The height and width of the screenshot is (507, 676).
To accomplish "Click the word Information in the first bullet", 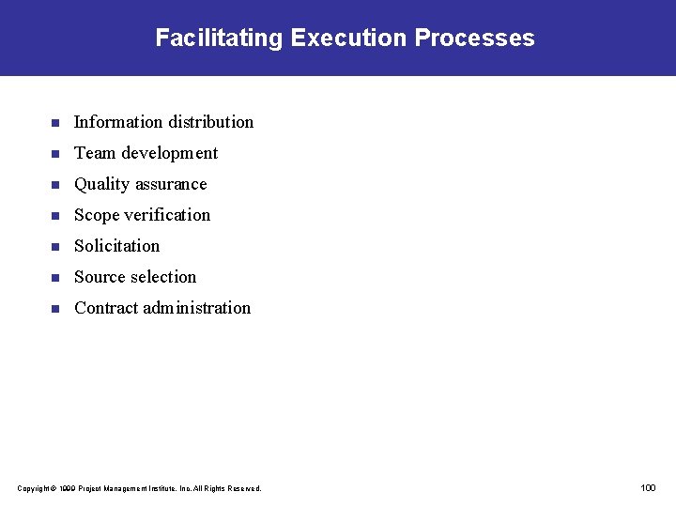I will click(x=118, y=122).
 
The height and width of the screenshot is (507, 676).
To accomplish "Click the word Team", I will click(x=95, y=153).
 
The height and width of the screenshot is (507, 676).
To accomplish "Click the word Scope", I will click(x=98, y=215).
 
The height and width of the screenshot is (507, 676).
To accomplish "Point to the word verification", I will click(x=168, y=215).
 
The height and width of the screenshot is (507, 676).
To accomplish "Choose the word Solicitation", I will click(x=117, y=246).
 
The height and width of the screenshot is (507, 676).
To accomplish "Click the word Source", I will click(x=100, y=277).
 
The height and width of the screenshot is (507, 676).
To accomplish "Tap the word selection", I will click(x=164, y=277).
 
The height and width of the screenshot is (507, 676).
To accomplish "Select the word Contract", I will click(x=106, y=308).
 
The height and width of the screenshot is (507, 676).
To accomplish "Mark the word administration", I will click(x=197, y=308).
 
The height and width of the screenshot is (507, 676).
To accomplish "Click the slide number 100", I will click(x=648, y=487).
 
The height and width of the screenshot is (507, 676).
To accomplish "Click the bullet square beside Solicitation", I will click(x=55, y=247).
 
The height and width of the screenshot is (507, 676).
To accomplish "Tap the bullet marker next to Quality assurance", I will click(x=55, y=185).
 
